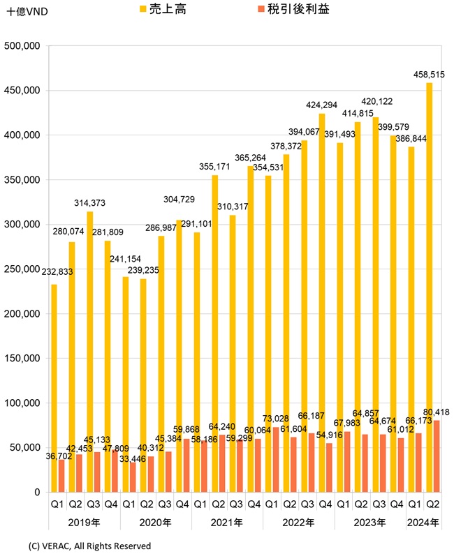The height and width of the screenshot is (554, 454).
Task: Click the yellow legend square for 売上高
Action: click(x=143, y=10)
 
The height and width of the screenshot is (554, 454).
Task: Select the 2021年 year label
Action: click(x=227, y=522)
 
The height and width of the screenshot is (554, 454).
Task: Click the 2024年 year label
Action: click(x=423, y=522)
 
